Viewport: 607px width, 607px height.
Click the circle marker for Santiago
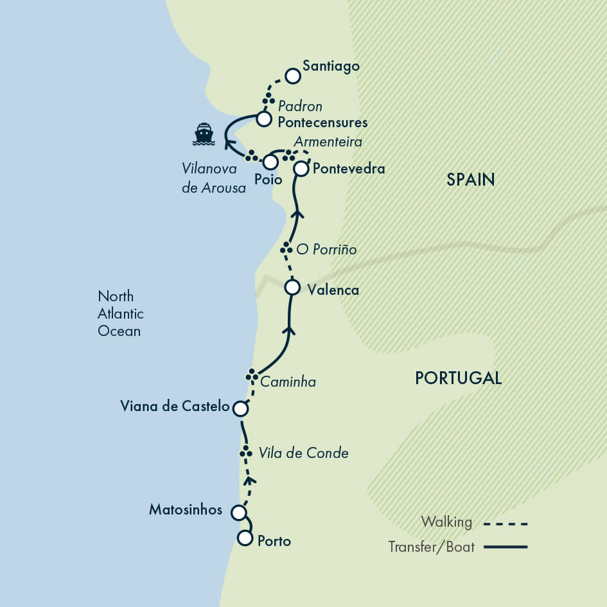(293, 76)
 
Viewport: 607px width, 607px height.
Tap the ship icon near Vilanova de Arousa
(204, 134)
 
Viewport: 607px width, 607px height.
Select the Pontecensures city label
(322, 121)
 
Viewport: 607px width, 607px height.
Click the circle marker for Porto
(245, 538)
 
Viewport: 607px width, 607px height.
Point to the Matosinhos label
(186, 510)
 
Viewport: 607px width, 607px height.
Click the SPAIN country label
(471, 180)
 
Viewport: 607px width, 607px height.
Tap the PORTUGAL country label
(458, 378)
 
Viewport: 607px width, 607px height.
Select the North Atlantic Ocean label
(120, 313)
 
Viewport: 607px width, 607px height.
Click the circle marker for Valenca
(292, 287)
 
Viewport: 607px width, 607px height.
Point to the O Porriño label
(326, 249)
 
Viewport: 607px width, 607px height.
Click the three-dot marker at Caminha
(252, 375)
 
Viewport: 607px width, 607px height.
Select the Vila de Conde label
(303, 453)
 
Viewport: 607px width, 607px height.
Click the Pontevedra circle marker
(301, 169)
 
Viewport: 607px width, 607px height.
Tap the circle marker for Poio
(271, 162)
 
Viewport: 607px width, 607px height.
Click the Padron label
(300, 106)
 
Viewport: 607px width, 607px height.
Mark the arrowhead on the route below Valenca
(289, 330)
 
